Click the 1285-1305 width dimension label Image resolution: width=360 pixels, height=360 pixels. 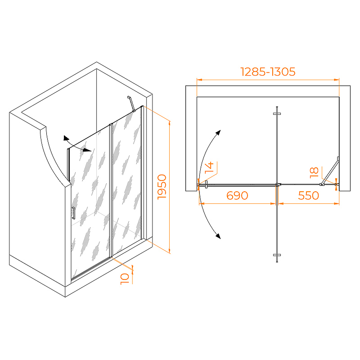pos(268,72)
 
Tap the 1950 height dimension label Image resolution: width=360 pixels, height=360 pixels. pos(162,187)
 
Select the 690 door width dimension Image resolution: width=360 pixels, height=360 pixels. pos(237,196)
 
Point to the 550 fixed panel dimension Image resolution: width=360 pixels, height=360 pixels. pos(308,196)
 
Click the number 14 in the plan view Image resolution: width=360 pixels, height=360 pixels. pos(209,167)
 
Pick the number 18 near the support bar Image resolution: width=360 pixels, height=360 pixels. pos(314,173)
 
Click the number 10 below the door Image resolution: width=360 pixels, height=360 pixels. pos(125,279)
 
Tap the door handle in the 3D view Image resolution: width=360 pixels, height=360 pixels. pos(73,213)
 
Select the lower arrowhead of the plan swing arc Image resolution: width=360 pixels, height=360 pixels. pos(218,236)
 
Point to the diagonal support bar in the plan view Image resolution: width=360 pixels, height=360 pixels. pos(330,171)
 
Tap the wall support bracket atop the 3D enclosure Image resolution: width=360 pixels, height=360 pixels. pos(131,104)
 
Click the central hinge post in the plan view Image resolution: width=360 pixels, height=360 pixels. pos(278,184)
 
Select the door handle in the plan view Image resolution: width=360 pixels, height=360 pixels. pos(206,184)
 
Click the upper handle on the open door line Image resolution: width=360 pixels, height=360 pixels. pos(277,113)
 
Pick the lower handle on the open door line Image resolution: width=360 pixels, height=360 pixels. pos(277,255)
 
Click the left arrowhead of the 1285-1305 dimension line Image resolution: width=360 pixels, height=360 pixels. pos(199,80)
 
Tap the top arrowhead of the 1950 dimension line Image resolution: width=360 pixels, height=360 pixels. pos(170,123)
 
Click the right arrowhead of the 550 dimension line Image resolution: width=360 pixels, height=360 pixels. pos(337,203)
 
